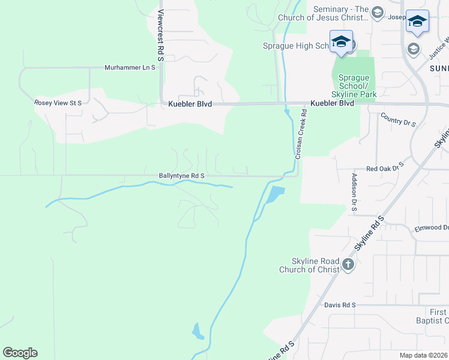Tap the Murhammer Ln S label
(x=130, y=68)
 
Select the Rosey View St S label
(x=58, y=103)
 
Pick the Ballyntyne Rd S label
(x=182, y=176)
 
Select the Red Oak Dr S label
(x=385, y=169)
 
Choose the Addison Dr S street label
(x=354, y=191)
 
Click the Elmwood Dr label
(x=432, y=228)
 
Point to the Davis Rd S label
(x=340, y=305)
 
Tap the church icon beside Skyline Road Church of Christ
(x=348, y=263)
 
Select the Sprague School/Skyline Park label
(x=353, y=86)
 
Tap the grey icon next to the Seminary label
(x=378, y=13)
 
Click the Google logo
(x=20, y=353)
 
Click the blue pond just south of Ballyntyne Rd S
(x=274, y=194)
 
